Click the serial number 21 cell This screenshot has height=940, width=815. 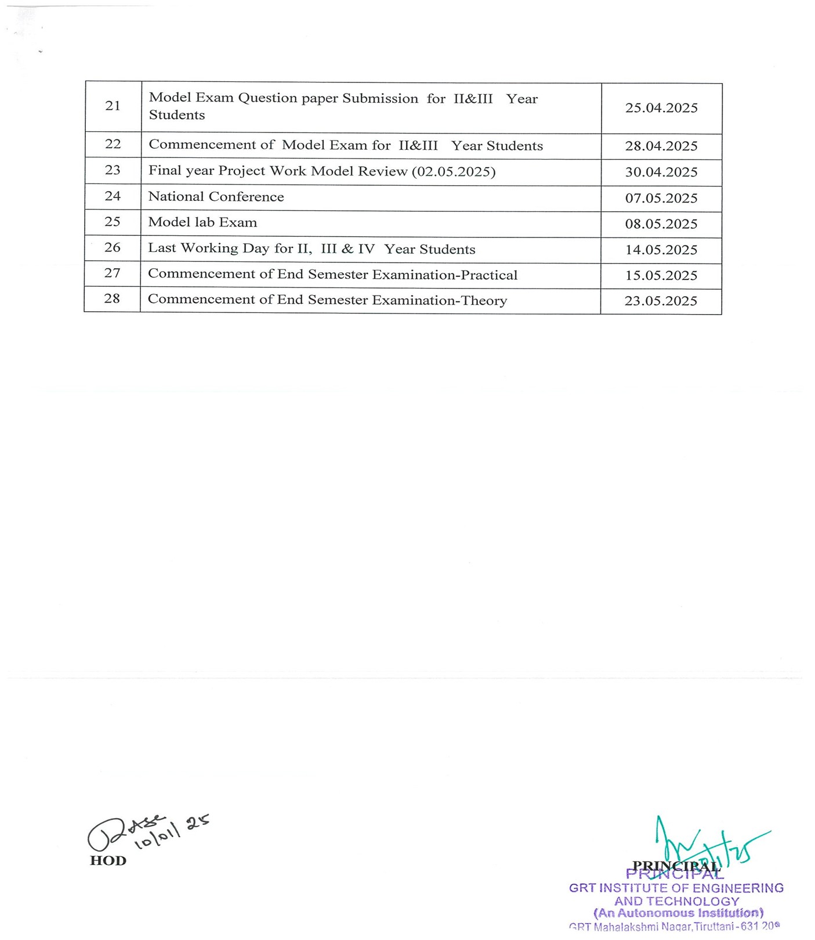coord(113,106)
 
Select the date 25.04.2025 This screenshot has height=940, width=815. coord(661,108)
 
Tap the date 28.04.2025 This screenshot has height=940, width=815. coord(661,146)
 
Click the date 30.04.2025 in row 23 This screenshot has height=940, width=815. coord(661,172)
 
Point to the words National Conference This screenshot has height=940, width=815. coord(216,197)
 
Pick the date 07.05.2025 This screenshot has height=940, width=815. coord(661,199)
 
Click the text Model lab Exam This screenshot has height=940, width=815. coord(202,222)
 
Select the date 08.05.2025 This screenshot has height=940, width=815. coord(661,224)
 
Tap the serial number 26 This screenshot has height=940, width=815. coord(113,247)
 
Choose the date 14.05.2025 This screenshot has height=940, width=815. coord(661,250)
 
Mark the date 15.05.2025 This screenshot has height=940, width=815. coord(661,276)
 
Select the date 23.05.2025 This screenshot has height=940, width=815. coord(661,301)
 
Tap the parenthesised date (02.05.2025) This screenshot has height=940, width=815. coord(454,172)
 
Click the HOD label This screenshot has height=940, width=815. coord(108,861)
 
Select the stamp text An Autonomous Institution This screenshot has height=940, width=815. coord(678,913)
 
